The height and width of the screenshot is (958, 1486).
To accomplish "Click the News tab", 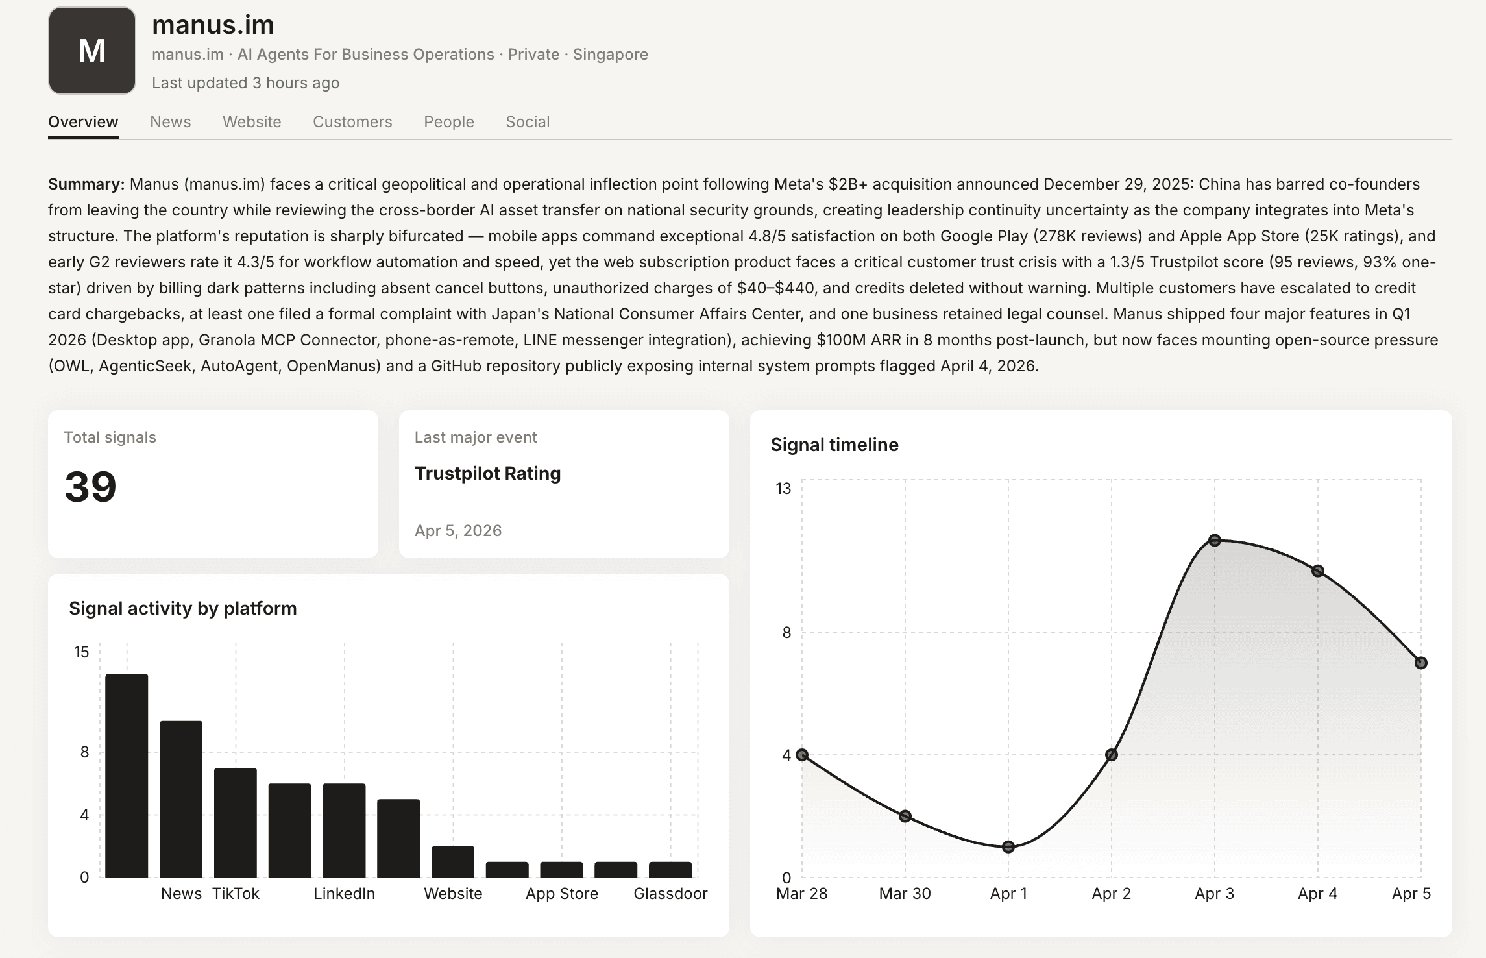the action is tap(170, 122).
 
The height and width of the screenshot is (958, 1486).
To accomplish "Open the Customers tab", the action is tap(352, 122).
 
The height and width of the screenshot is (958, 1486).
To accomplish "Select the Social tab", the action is tap(528, 122).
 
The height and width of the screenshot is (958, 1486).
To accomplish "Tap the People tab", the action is tap(449, 122).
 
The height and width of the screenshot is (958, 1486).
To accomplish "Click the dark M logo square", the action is tap(92, 51).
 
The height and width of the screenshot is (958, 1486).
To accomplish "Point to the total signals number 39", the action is tap(90, 487).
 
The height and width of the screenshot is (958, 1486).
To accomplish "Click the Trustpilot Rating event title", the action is tap(488, 474).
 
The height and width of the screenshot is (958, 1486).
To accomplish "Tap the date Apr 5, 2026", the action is tap(458, 531).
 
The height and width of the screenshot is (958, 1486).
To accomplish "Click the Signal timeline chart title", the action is tap(834, 445).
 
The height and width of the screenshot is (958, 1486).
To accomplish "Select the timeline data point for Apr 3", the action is tap(1215, 540).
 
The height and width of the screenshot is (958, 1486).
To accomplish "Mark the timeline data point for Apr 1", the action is tap(1008, 847).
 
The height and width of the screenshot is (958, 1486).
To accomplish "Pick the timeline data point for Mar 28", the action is tap(802, 755).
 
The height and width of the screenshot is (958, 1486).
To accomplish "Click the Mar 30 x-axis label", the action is tap(905, 894).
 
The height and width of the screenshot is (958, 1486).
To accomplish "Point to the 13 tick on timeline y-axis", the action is tap(783, 488).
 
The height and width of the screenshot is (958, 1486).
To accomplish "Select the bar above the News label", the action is tap(181, 799).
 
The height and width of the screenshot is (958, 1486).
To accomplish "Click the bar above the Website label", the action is tap(453, 862).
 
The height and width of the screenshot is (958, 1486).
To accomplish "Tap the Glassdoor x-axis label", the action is tap(670, 894).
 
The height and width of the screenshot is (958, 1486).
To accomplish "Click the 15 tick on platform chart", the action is tap(81, 652).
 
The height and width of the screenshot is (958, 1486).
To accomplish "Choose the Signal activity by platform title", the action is tap(183, 608).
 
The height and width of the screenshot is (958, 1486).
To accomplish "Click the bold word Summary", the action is tap(86, 184).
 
